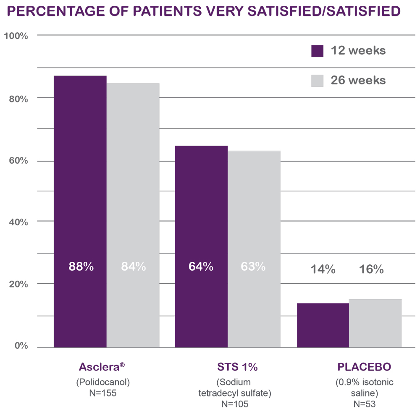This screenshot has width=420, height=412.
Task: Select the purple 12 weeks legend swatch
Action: tap(317, 51)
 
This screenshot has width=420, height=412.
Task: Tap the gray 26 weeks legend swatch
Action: tap(317, 80)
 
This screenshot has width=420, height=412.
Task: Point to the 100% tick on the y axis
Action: tap(16, 36)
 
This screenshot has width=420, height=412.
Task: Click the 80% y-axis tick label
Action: tap(18, 99)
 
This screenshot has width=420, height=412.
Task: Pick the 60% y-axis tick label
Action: tap(18, 161)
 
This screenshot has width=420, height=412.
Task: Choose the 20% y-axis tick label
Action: tap(18, 284)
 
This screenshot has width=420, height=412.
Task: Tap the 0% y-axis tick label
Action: tap(20, 346)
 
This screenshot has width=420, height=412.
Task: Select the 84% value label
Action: tap(133, 266)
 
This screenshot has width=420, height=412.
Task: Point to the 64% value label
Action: tap(201, 266)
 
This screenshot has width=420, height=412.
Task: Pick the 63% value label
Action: tap(254, 266)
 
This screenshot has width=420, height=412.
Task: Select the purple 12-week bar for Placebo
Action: tap(323, 325)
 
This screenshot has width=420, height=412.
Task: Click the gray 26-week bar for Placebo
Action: tap(375, 323)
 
